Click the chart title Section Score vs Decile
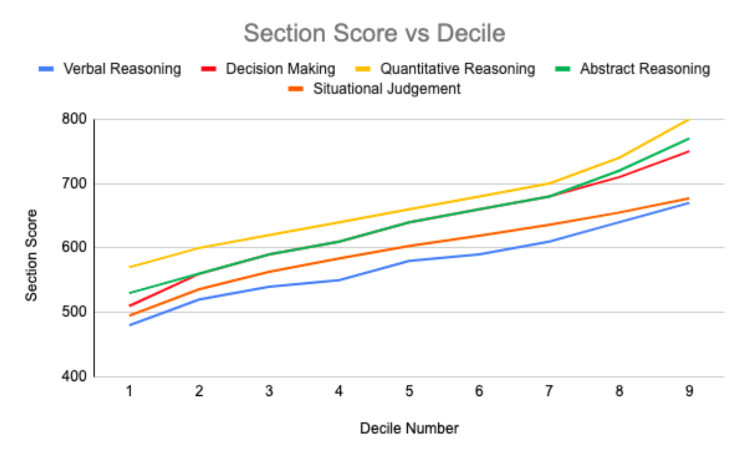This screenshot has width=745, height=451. coord(374,33)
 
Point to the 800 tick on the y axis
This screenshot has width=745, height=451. coord(74,119)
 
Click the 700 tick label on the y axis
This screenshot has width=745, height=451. coord(74,184)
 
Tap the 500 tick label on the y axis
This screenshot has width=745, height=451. coord(74,312)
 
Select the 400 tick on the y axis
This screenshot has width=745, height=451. coord(74,376)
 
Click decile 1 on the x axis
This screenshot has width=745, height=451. coord(129,391)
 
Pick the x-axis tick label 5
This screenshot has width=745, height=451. coord(409,391)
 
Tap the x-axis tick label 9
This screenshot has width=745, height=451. coord(689,391)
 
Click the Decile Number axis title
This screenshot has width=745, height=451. coord(409,428)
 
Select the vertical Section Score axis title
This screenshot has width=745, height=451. coord(31,255)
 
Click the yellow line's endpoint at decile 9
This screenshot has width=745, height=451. coord(689,119)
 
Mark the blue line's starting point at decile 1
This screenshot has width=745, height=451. coord(130,325)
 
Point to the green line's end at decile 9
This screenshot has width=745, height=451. coord(689,138)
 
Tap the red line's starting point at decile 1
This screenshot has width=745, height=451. coord(130,306)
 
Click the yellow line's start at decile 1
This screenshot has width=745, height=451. coord(130,267)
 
